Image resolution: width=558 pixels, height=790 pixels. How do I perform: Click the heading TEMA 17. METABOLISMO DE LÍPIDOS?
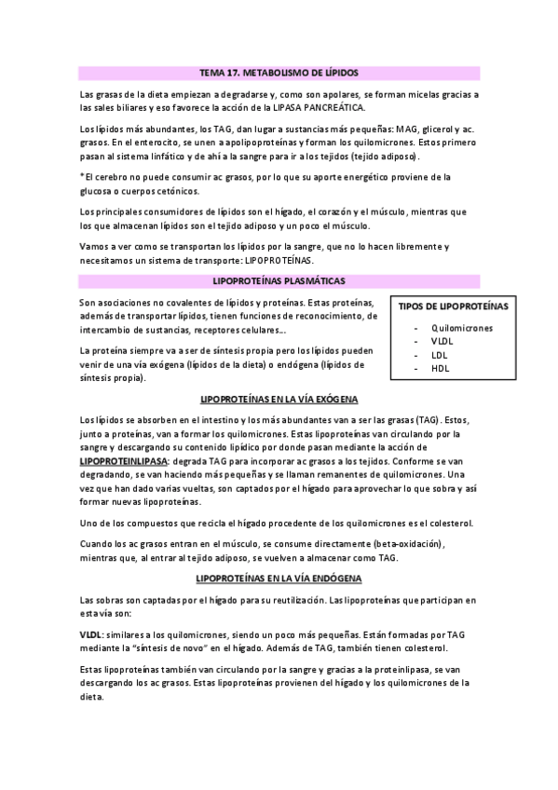click(279, 72)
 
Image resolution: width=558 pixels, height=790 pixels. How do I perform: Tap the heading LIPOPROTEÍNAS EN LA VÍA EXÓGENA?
click(279, 399)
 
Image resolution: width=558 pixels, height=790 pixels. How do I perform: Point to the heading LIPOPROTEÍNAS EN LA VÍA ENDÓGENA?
click(279, 579)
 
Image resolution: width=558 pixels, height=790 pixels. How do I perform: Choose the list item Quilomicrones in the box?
click(462, 328)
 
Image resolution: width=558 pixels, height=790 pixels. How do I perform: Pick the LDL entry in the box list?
click(439, 356)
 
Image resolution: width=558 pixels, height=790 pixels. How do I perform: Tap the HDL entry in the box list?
click(440, 369)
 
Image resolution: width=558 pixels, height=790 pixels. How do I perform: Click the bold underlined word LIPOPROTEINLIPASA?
click(125, 461)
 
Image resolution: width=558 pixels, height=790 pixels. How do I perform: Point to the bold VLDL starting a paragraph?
click(92, 633)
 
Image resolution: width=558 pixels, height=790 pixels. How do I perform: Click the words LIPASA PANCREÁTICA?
click(322, 107)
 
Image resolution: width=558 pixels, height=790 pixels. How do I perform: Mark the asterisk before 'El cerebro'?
click(83, 176)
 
